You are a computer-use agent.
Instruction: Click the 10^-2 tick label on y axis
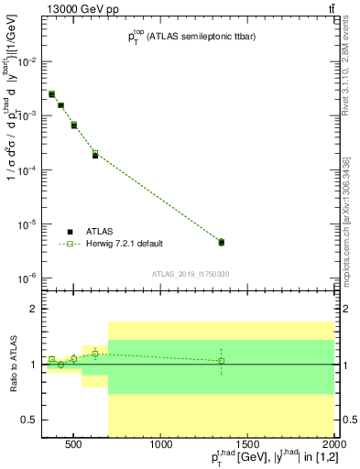(27, 61)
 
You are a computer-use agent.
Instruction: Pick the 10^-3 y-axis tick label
(27, 115)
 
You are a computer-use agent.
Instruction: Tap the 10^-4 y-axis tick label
(27, 169)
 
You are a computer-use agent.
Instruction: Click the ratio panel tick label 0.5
(28, 419)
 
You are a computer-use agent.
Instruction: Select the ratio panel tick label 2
(33, 310)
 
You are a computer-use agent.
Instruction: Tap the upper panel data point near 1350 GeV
(221, 242)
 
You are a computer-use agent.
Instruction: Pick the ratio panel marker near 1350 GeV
(221, 361)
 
